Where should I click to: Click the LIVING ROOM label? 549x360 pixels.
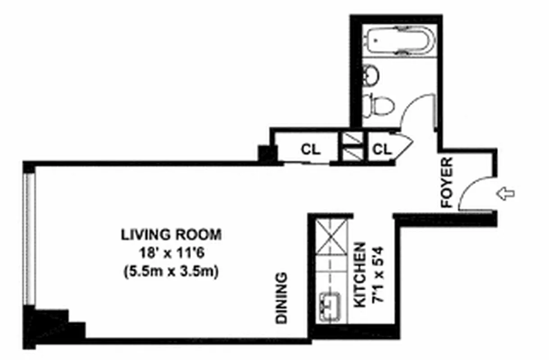coord(171,234)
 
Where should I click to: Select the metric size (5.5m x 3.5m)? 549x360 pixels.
coord(171,272)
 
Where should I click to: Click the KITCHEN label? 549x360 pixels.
coord(360,275)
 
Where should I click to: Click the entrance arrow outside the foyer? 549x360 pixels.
coord(505,194)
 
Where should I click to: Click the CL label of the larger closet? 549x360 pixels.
coord(311,149)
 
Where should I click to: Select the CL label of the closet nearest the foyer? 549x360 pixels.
coord(383,149)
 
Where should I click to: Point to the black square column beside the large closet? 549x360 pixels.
coord(267,154)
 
